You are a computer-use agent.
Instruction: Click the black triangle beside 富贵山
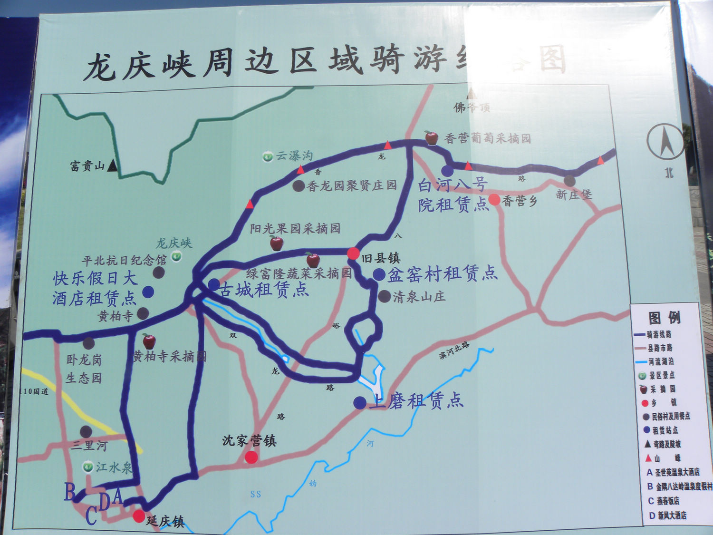[x=113, y=165]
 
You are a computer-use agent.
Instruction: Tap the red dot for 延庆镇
[x=139, y=516]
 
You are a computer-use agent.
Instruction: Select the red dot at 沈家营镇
[x=251, y=457]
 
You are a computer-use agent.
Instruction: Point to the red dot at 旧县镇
[x=353, y=253]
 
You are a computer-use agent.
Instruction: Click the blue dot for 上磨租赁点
[x=360, y=403]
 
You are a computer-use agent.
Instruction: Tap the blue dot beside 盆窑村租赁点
[x=379, y=274]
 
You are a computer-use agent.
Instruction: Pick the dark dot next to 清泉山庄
[x=384, y=296]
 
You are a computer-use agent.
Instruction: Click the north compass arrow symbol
[x=665, y=141]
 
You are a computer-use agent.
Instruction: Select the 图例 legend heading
[x=665, y=318]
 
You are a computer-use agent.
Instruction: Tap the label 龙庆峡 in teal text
[x=174, y=243]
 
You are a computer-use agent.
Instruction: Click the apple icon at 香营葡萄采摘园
[x=431, y=138]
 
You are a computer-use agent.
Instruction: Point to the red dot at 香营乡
[x=494, y=200]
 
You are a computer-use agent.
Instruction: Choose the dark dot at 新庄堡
[x=569, y=181]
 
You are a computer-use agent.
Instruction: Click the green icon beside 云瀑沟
[x=268, y=156]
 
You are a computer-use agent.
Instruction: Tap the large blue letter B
[x=70, y=491]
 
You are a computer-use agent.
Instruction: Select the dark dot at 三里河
[x=86, y=432]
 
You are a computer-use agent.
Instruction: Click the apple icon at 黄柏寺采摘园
[x=149, y=341]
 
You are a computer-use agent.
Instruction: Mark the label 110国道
[x=35, y=391]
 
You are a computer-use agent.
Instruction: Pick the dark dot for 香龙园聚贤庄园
[x=299, y=186]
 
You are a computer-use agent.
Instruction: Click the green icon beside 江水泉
[x=88, y=467]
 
